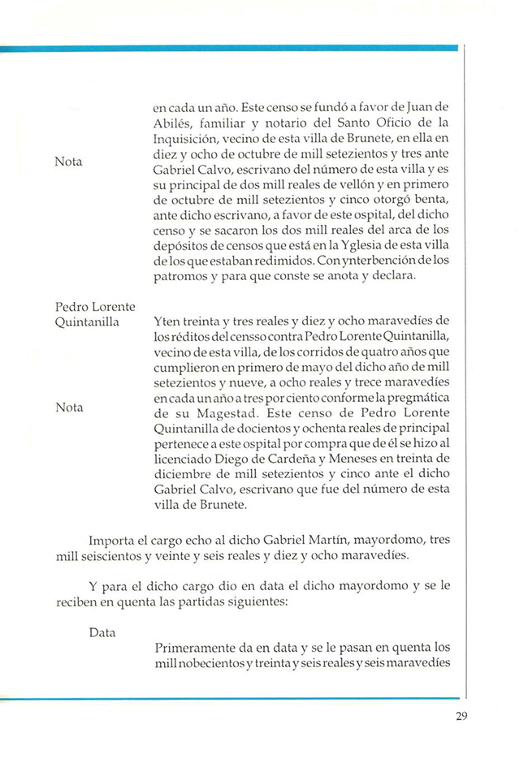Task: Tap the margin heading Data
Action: [103, 632]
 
